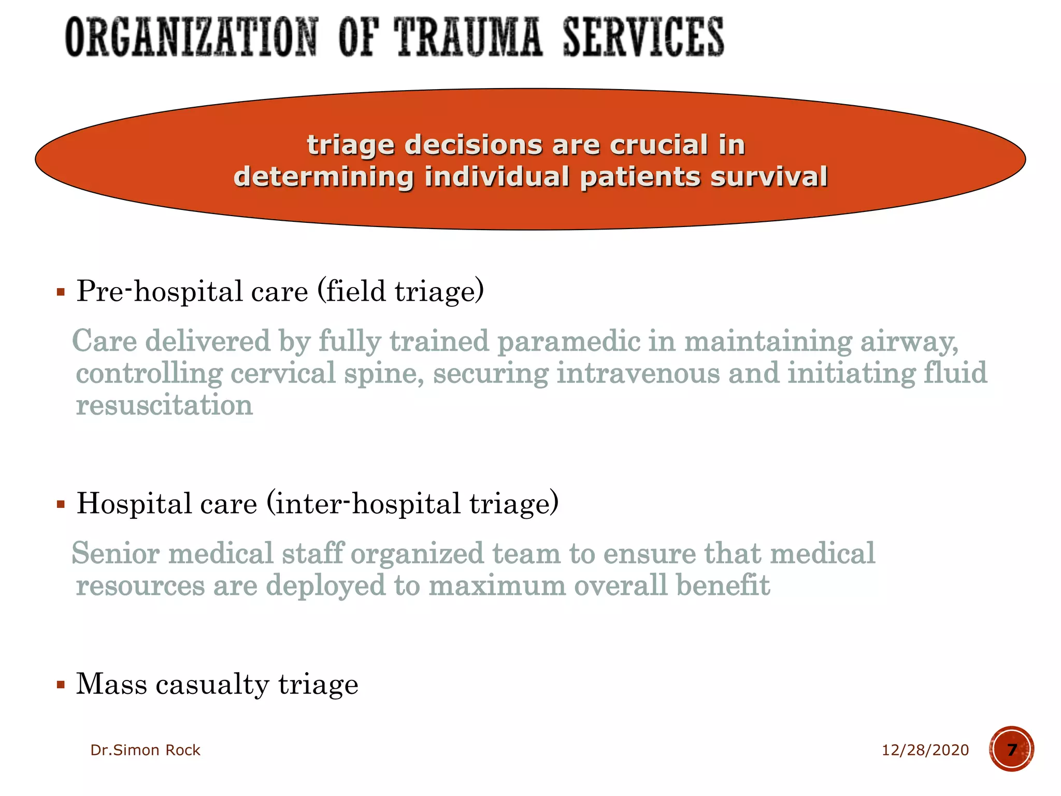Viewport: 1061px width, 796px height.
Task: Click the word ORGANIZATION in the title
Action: (x=191, y=37)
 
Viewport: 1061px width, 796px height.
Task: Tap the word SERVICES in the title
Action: (x=643, y=37)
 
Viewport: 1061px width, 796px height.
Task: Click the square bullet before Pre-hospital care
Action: (x=61, y=292)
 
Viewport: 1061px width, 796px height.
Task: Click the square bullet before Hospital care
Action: (x=61, y=504)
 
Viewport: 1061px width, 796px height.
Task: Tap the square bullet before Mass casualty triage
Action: (x=61, y=685)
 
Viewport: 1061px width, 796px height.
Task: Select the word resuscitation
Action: (x=164, y=405)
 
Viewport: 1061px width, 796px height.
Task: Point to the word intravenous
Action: (x=638, y=374)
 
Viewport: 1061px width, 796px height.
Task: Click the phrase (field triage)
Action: (x=400, y=291)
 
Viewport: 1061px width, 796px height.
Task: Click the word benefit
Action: (x=723, y=586)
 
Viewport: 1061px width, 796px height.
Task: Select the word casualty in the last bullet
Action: (x=212, y=685)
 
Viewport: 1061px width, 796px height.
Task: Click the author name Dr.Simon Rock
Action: (x=145, y=750)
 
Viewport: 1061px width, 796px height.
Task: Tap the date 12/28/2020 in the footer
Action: (x=925, y=750)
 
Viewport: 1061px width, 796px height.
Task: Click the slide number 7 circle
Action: (x=1011, y=749)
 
